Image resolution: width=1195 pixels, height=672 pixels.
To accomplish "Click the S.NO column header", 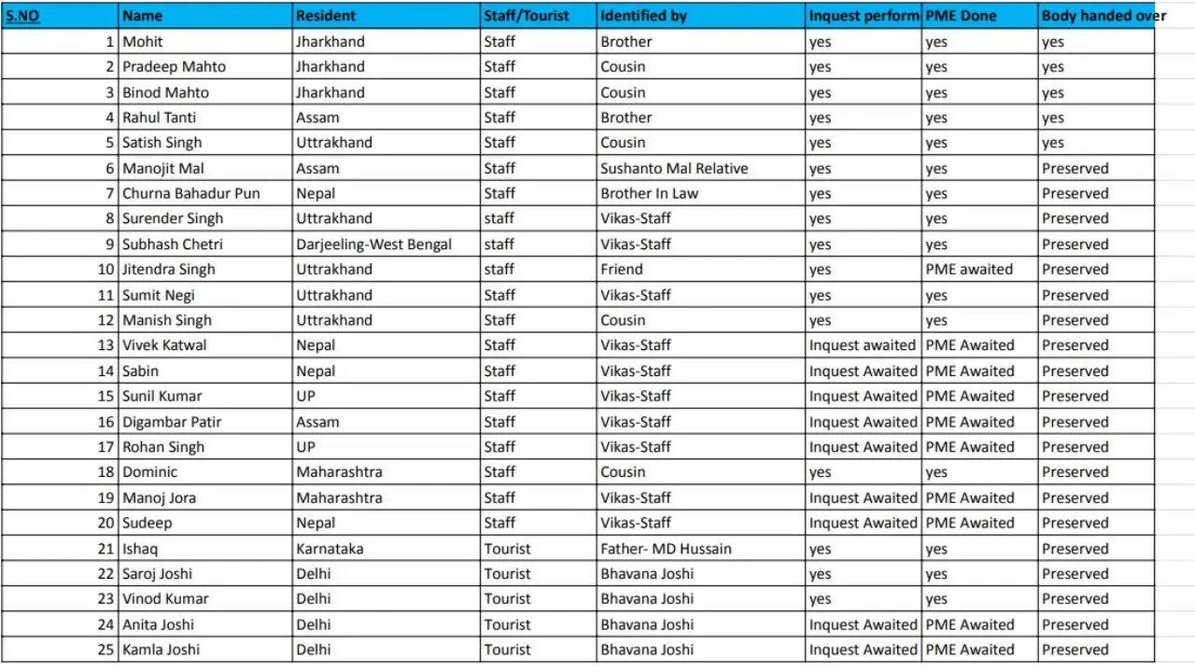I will point(22,16).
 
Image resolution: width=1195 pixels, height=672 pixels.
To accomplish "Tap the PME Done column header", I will point(961,16).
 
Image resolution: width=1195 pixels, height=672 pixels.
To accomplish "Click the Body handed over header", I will point(1104,16).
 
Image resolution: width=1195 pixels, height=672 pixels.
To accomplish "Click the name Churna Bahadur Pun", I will point(190,193).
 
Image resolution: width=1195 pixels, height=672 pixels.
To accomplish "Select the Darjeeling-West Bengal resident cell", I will point(373,245).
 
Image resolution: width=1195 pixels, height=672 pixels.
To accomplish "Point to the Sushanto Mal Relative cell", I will point(674,168).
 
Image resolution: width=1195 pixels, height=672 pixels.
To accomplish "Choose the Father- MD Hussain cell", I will point(666,549).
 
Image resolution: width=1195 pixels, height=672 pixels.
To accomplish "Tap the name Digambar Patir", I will point(172,422).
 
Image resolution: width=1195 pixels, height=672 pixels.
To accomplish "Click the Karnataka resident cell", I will point(330,549).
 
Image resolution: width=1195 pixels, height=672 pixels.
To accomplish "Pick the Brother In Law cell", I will point(649,193).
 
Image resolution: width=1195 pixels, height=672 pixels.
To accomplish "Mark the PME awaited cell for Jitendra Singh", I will point(969,270).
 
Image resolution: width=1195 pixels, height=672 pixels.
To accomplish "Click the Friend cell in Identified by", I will point(621,270).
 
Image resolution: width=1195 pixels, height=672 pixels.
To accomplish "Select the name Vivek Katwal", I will point(164,345).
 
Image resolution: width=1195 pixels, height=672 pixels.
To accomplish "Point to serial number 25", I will point(105,650).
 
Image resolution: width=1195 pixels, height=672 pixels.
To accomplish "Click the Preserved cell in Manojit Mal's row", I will point(1075,168).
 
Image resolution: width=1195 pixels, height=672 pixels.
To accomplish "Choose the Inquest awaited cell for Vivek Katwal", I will point(862,345).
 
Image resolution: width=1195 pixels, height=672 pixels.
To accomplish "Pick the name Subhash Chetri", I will point(172,245).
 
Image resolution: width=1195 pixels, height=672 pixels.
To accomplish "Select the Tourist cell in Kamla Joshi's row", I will point(507,650).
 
